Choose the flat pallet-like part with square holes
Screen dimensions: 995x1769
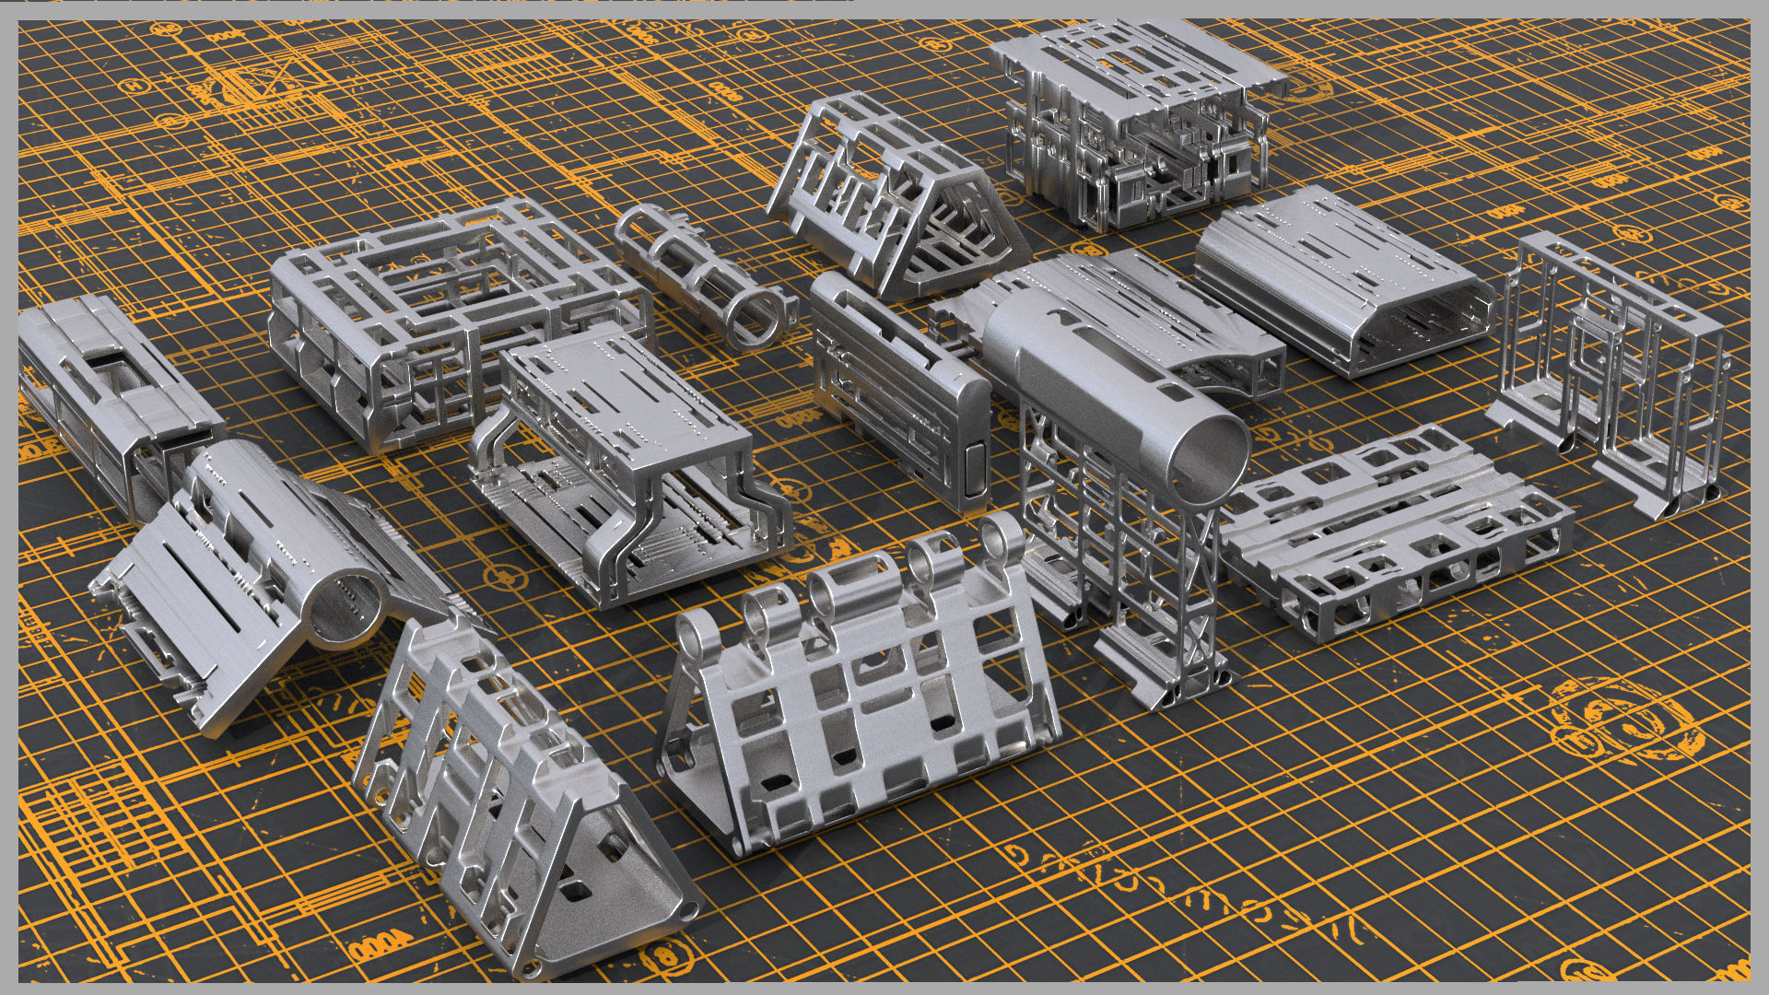[1391, 534]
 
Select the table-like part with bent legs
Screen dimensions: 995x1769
[627, 461]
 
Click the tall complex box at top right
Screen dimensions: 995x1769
[1133, 120]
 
